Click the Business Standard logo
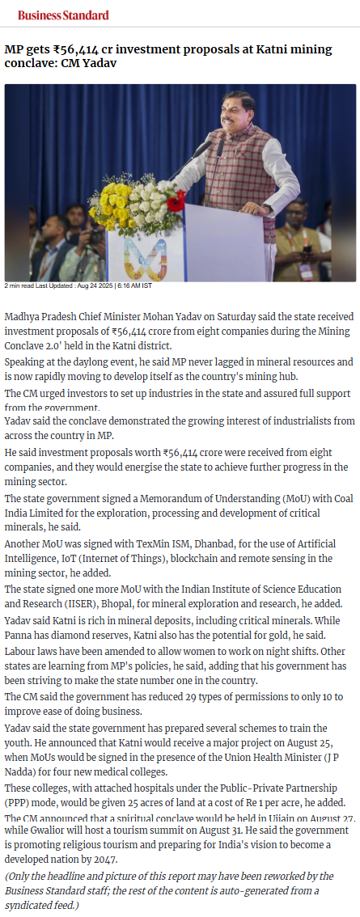click(x=63, y=15)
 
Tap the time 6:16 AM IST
click(x=134, y=286)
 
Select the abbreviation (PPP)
click(x=18, y=801)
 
